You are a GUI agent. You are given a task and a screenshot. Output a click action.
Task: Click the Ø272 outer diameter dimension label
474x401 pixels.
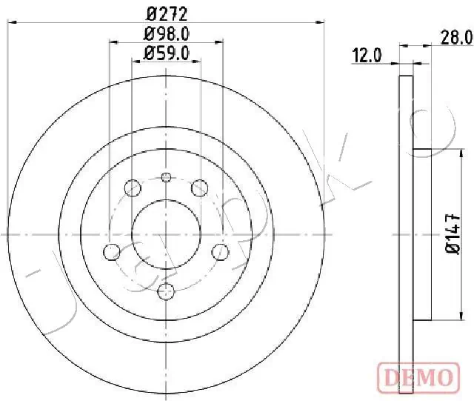click(x=167, y=13)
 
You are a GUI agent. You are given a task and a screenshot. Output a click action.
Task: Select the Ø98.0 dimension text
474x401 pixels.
click(x=167, y=33)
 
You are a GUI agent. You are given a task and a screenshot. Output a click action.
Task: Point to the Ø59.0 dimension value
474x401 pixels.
click(x=167, y=53)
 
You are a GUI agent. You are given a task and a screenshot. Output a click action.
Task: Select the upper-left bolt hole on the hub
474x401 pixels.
click(x=133, y=188)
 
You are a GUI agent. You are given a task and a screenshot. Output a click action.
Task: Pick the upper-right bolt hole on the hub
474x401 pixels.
click(x=199, y=188)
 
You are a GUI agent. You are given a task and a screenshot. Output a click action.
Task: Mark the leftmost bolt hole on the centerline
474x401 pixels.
click(x=112, y=251)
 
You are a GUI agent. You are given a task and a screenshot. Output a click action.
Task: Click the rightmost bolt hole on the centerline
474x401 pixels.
click(x=220, y=251)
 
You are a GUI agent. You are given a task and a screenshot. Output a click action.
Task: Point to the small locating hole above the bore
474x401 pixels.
click(x=166, y=176)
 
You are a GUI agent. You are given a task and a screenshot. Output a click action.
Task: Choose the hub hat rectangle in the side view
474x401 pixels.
click(x=421, y=235)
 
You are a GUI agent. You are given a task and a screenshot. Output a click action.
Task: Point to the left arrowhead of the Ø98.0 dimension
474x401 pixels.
click(x=113, y=42)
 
